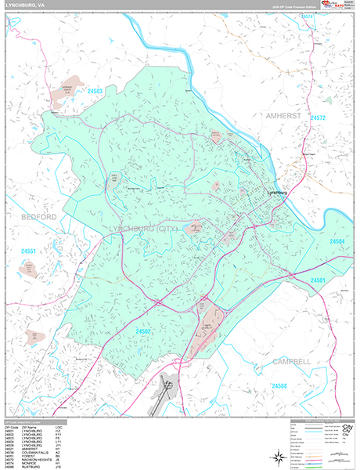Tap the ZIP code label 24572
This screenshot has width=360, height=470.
point(318,117)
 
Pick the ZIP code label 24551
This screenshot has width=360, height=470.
point(30,251)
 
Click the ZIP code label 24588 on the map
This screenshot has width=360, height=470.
point(280,385)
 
